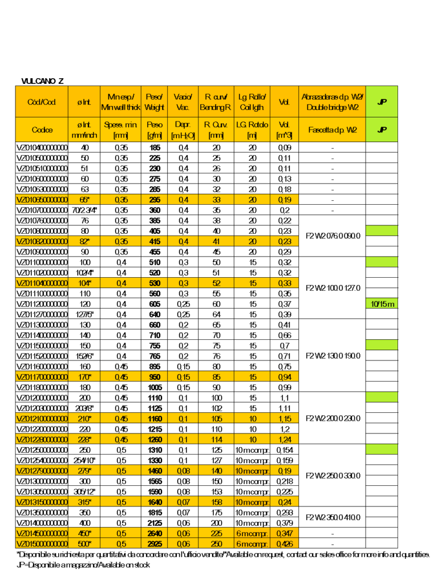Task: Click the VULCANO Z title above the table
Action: click(x=43, y=81)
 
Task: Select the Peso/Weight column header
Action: click(x=154, y=102)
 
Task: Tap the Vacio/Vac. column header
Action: click(x=183, y=102)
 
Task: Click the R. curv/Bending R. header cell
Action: click(x=215, y=102)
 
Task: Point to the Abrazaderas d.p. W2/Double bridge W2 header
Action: click(x=332, y=102)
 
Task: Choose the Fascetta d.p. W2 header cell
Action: click(x=332, y=129)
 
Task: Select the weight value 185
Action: click(x=154, y=148)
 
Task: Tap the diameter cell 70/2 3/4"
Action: click(x=84, y=210)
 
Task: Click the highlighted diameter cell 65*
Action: click(x=84, y=200)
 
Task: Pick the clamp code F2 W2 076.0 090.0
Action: click(x=332, y=236)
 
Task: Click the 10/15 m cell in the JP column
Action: click(x=382, y=304)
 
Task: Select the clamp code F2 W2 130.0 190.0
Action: click(x=332, y=356)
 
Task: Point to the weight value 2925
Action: click(x=154, y=544)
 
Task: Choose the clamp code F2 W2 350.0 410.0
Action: click(x=332, y=517)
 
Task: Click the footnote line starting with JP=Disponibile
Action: click(x=83, y=565)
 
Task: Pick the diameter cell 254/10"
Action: click(x=84, y=460)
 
